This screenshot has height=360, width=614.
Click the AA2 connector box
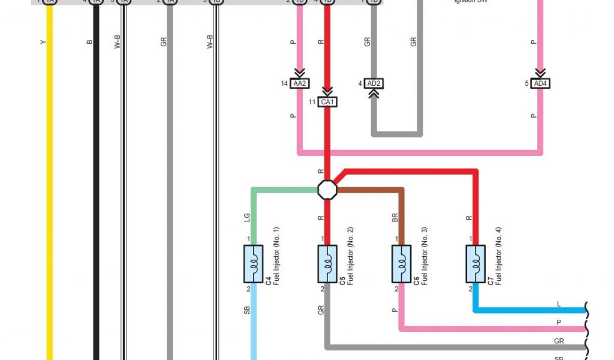tap(300, 83)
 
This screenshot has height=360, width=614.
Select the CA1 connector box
tap(327, 102)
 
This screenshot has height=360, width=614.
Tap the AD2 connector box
tap(374, 83)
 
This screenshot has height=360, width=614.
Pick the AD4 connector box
tap(540, 83)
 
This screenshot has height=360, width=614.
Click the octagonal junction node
tap(327, 190)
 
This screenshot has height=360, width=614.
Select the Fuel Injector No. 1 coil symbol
tap(254, 263)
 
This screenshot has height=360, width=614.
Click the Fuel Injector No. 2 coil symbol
tap(327, 263)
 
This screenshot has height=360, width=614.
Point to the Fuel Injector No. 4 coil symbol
tap(475, 263)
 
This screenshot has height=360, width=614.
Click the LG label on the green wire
tap(246, 217)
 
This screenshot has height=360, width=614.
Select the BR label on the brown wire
tap(395, 217)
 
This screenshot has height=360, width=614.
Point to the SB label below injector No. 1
tap(246, 311)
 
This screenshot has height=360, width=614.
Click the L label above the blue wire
tap(559, 304)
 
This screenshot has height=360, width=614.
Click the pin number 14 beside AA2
tap(284, 83)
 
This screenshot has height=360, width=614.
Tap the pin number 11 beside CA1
tap(312, 102)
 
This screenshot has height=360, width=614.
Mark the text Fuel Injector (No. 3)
tap(425, 256)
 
